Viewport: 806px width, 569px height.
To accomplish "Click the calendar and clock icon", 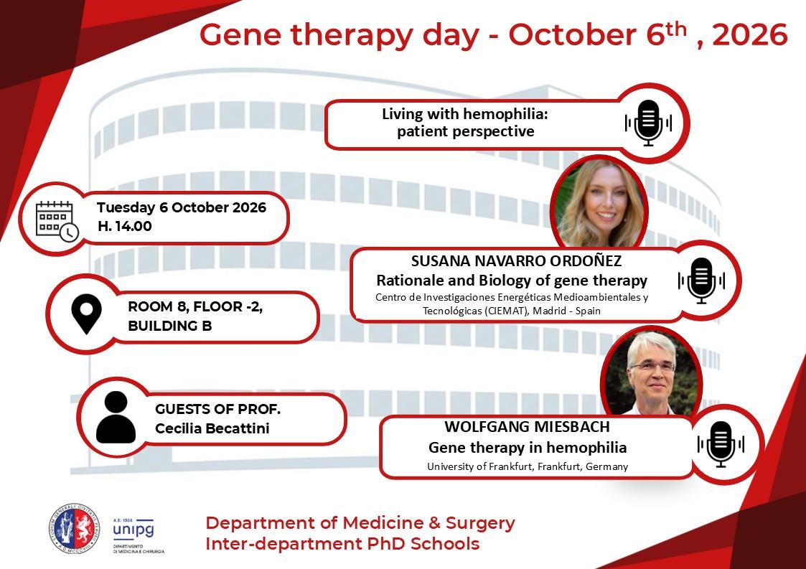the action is (x=57, y=221).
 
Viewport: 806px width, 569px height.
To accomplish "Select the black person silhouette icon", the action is (x=116, y=417).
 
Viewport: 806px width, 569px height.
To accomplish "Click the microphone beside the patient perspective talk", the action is (x=648, y=123).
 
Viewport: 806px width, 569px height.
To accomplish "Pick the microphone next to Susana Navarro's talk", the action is (x=701, y=281).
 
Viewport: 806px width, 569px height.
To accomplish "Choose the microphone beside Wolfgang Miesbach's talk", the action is (x=721, y=444).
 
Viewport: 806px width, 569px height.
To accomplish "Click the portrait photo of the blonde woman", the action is (x=599, y=203).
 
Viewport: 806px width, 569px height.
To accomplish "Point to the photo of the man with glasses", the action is (x=651, y=372).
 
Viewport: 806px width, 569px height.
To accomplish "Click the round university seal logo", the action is (x=75, y=529).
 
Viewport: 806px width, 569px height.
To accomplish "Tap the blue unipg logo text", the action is (x=133, y=529).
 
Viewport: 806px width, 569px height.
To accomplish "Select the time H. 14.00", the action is (x=125, y=226).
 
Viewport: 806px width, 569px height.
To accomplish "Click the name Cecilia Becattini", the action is (x=212, y=428).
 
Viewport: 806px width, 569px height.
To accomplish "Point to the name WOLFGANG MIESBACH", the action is (x=528, y=427).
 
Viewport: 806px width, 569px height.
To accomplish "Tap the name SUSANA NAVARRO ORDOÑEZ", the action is (x=516, y=260).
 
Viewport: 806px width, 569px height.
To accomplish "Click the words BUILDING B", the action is (x=170, y=326).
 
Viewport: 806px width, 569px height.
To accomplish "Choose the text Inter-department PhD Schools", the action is (x=342, y=544).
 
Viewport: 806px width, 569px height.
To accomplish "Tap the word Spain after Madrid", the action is (x=588, y=311).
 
